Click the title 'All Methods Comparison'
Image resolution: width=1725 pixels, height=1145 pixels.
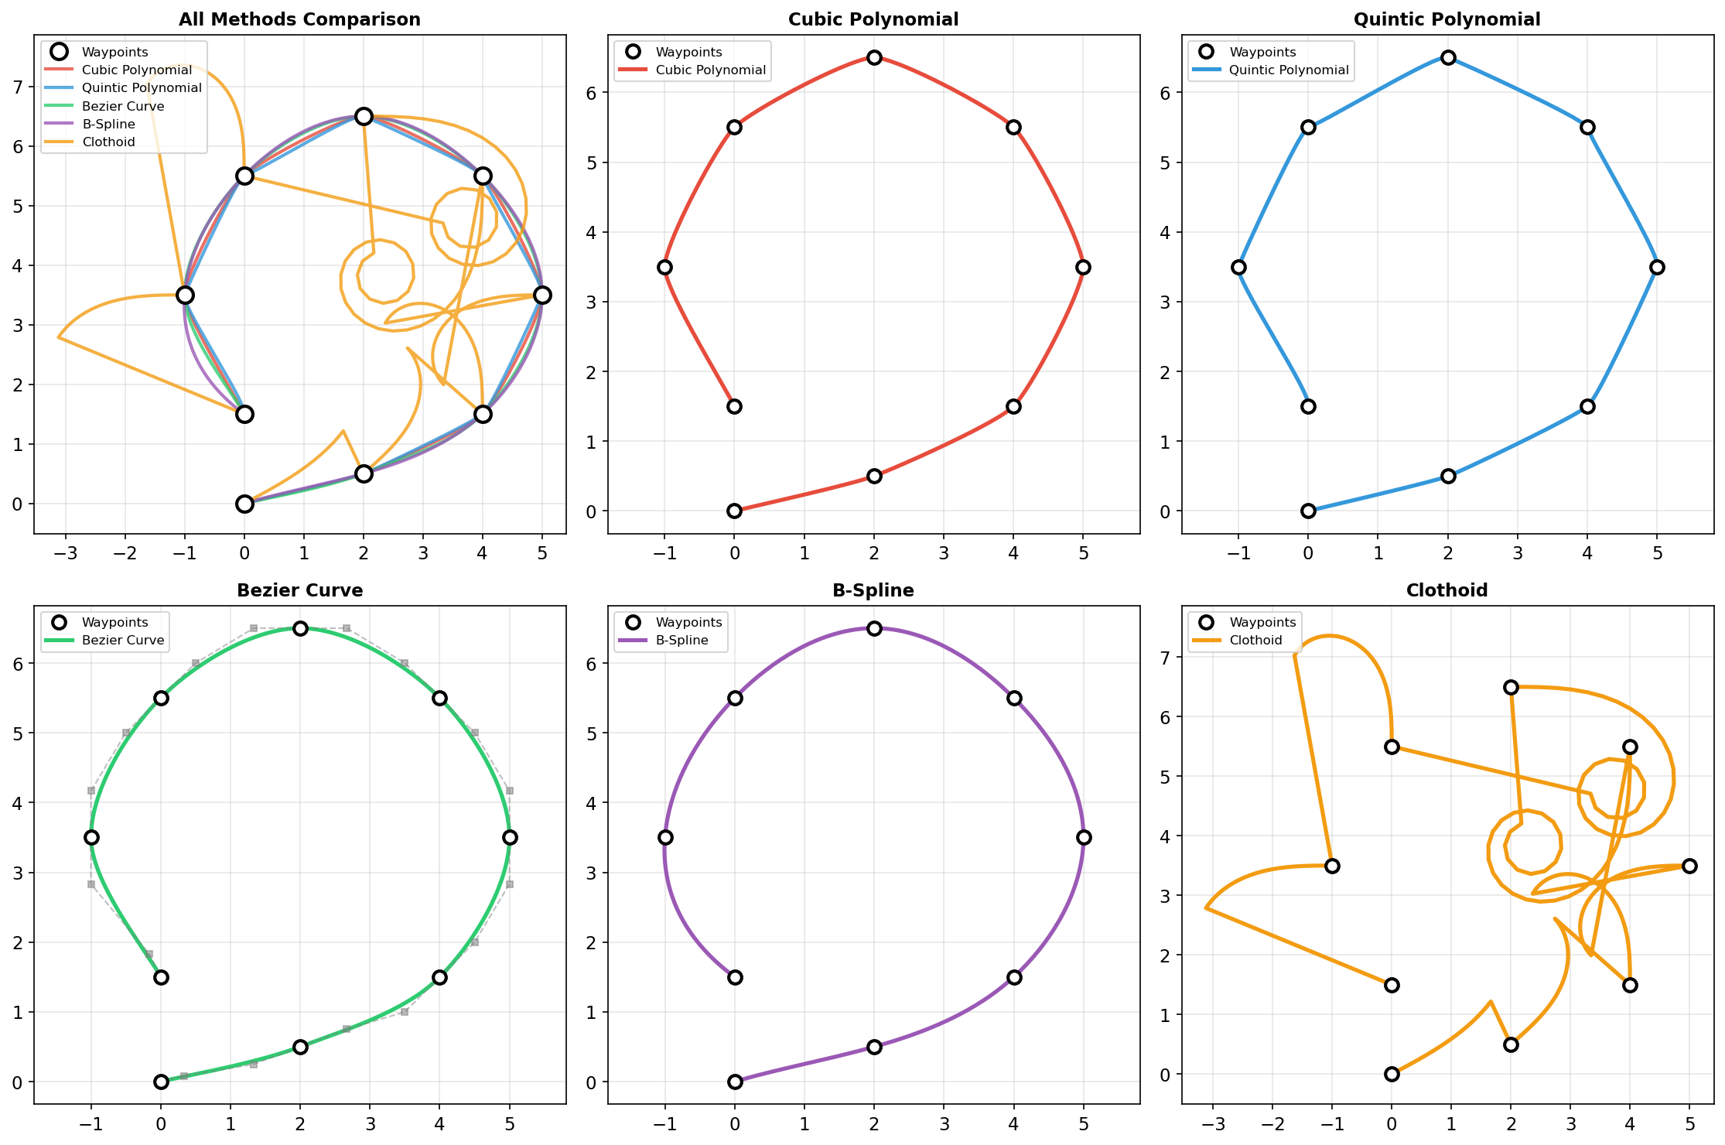pos(299,20)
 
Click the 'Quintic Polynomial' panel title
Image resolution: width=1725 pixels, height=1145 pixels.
pos(1447,20)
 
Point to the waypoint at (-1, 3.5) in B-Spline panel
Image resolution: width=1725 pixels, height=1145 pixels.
pos(665,838)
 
